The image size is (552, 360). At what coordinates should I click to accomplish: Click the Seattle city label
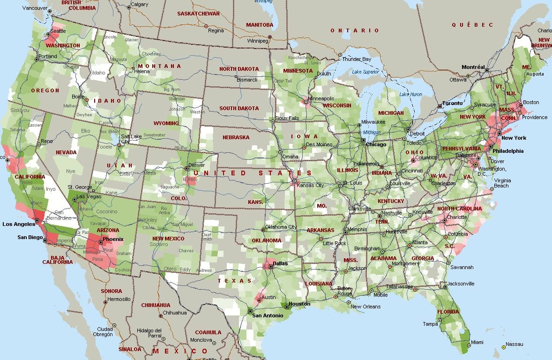tap(58, 31)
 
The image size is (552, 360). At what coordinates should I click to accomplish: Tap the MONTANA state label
tap(159, 66)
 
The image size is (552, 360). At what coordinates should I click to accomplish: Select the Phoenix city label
tap(113, 239)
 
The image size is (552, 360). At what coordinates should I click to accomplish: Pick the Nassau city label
tap(515, 345)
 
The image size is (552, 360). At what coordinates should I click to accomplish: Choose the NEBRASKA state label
tap(236, 138)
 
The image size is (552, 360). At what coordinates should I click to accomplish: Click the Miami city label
tap(477, 343)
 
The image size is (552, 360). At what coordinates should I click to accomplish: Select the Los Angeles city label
tap(19, 224)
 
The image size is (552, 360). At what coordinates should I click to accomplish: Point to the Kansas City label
tap(311, 186)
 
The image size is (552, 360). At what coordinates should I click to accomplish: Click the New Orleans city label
tap(366, 307)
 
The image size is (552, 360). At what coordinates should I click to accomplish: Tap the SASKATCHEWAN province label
tap(198, 14)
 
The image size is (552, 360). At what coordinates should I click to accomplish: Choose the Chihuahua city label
tap(175, 313)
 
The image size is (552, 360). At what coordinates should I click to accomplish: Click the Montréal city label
tap(473, 67)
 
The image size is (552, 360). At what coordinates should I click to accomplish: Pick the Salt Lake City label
tap(132, 139)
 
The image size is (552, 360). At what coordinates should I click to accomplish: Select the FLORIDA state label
tap(448, 312)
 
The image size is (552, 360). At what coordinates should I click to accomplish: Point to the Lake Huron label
tap(410, 95)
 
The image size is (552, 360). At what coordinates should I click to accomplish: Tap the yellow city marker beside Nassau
tap(504, 347)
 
